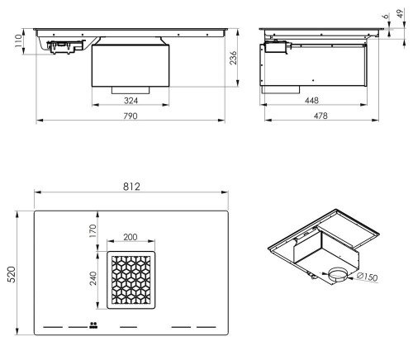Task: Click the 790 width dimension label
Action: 130,116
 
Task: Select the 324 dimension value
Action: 130,99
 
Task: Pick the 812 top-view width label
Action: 130,187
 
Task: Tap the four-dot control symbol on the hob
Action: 92,324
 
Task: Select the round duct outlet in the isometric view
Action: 339,276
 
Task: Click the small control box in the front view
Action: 63,48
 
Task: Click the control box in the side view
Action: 275,50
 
